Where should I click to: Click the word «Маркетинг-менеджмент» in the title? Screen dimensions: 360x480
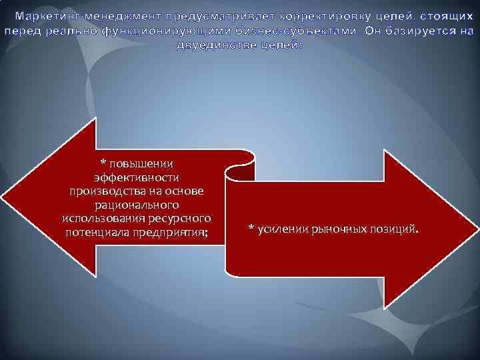[x=75, y=16]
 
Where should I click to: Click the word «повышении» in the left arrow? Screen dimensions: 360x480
[x=141, y=164]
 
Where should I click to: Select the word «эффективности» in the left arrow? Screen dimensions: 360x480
[x=136, y=178]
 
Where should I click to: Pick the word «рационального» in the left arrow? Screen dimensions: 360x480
[x=136, y=205]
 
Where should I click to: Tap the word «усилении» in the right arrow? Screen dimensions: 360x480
[x=279, y=229]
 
